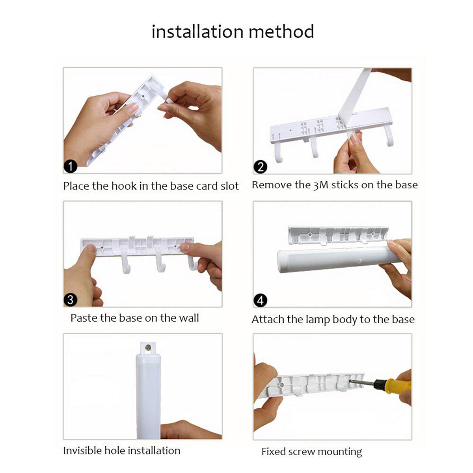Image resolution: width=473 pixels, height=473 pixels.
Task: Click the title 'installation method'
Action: [x=233, y=32]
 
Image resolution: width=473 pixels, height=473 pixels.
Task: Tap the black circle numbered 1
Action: [x=71, y=166]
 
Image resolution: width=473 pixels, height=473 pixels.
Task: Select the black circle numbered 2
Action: [x=260, y=167]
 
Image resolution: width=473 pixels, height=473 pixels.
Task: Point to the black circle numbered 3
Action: [x=71, y=300]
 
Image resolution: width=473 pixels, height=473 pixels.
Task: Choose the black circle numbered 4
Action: [x=260, y=300]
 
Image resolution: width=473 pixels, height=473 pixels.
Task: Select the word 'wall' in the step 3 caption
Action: [x=189, y=318]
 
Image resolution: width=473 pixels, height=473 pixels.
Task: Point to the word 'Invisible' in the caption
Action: [x=82, y=451]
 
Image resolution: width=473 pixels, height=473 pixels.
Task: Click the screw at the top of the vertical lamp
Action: [x=148, y=347]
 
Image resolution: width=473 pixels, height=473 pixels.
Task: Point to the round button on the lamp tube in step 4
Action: [x=359, y=261]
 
